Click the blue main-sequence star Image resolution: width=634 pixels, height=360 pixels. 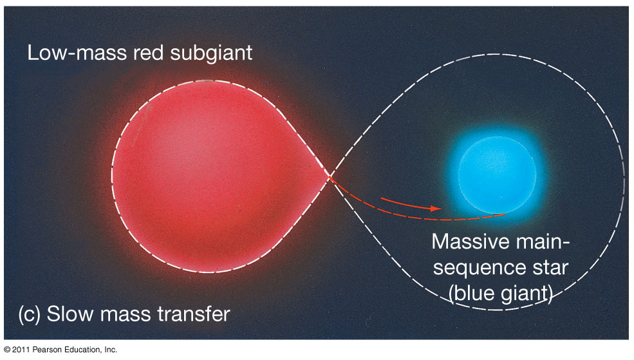498,175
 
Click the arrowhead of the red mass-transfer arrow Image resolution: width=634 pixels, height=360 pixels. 436,209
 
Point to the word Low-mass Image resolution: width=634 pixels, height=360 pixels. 77,53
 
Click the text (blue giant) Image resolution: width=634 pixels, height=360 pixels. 501,293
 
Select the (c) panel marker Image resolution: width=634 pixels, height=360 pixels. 30,314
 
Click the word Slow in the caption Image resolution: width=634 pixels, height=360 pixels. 70,314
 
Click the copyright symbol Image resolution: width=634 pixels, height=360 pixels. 7,350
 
